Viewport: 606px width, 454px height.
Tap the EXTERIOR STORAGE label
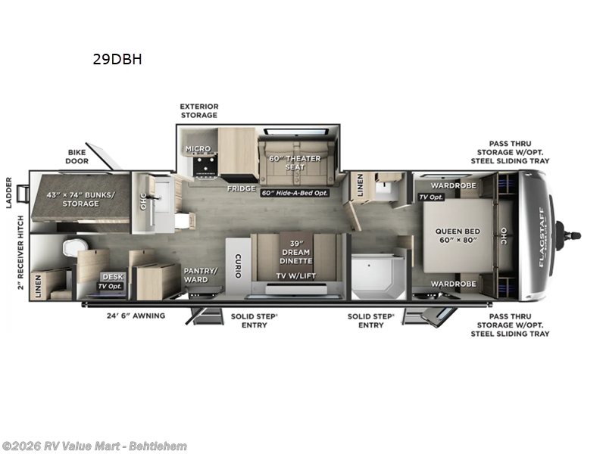tap(198, 110)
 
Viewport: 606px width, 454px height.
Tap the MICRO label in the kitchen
tap(199, 149)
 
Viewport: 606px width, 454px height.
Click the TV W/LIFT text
tap(296, 277)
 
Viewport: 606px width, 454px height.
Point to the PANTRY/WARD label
tap(201, 275)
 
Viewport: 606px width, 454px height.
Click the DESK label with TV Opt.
tap(112, 281)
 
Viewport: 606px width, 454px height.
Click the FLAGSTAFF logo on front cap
tap(541, 235)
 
